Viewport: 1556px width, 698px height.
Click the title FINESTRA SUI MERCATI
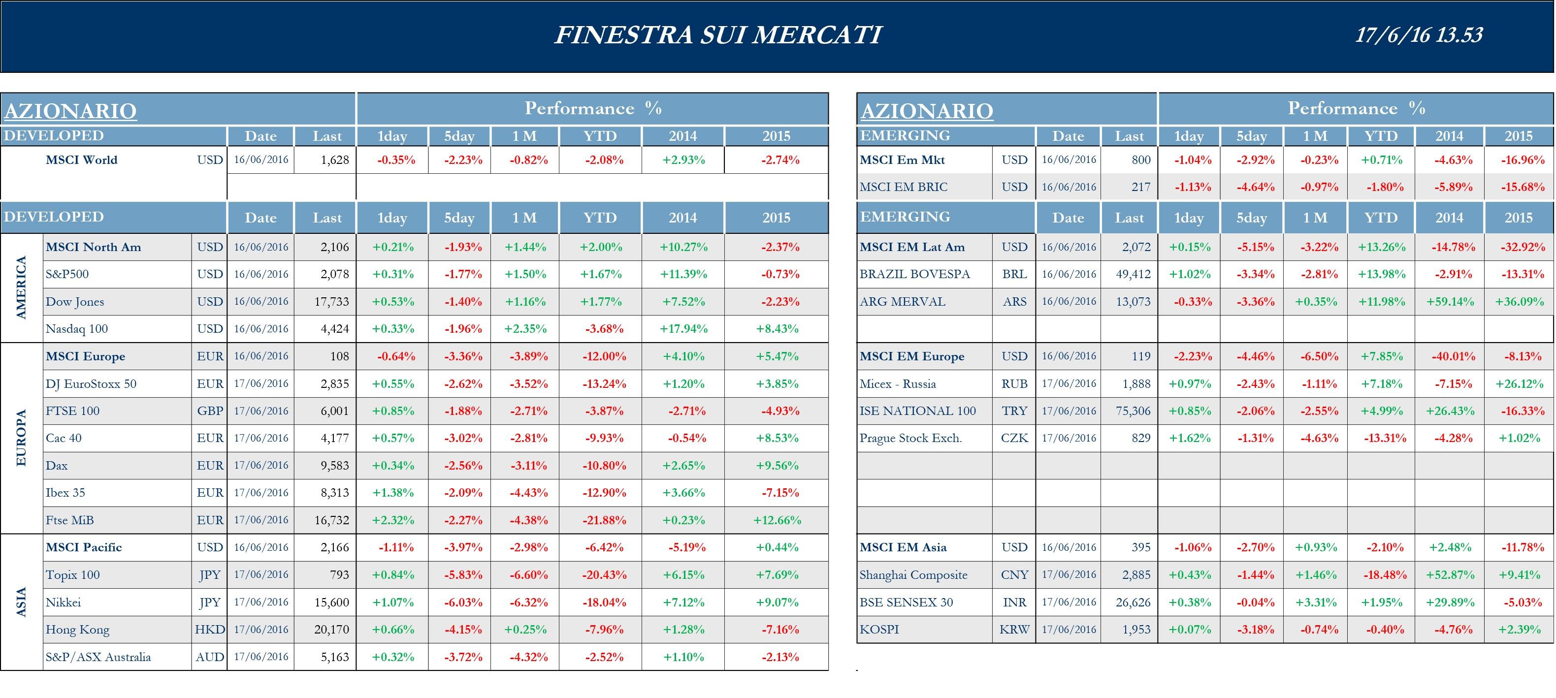pyautogui.click(x=717, y=34)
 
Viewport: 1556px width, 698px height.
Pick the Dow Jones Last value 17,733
pyautogui.click(x=331, y=302)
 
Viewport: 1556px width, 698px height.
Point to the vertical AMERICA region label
pyautogui.click(x=21, y=287)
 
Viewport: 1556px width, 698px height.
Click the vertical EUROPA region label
pyautogui.click(x=21, y=438)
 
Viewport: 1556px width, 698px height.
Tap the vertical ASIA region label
pyautogui.click(x=21, y=602)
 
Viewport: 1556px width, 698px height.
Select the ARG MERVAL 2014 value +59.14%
pyautogui.click(x=1450, y=302)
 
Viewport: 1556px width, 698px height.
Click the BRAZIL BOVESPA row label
pyautogui.click(x=914, y=274)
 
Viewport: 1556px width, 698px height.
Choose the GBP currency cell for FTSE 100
pyautogui.click(x=210, y=411)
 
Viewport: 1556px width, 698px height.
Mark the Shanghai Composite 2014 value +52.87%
pyautogui.click(x=1450, y=575)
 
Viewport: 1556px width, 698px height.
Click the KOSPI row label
pyautogui.click(x=879, y=630)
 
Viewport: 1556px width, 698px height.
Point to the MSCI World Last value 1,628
pyautogui.click(x=335, y=160)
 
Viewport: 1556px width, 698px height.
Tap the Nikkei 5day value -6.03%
pyautogui.click(x=463, y=603)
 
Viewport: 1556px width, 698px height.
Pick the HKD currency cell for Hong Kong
pyautogui.click(x=210, y=630)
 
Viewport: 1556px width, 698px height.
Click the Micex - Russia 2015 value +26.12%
pyautogui.click(x=1519, y=384)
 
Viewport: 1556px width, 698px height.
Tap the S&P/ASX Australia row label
pyautogui.click(x=98, y=657)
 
